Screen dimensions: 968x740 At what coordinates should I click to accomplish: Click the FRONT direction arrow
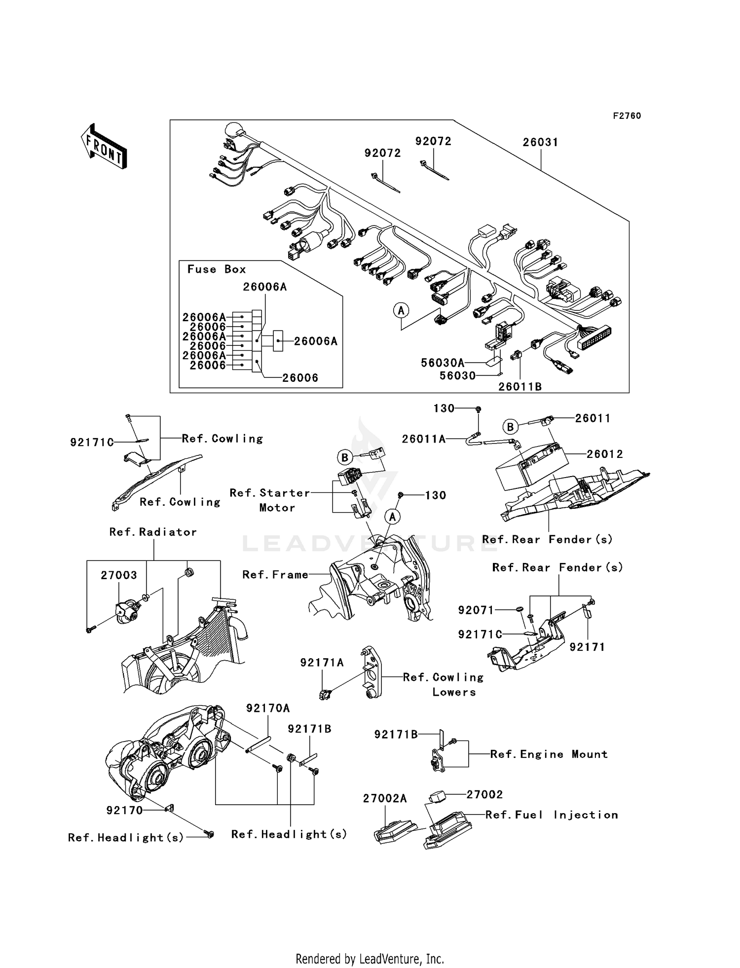tap(104, 147)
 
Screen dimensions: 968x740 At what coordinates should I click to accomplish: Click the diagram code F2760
tap(627, 116)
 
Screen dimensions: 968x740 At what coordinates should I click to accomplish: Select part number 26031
tap(541, 142)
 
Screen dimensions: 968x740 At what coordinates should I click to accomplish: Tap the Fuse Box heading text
tap(217, 269)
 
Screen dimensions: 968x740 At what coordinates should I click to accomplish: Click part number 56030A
tap(443, 363)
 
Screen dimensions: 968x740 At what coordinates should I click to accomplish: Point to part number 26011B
tap(520, 387)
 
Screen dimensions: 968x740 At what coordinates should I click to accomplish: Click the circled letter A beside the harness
tap(401, 310)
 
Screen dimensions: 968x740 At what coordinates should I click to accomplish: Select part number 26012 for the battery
tap(605, 454)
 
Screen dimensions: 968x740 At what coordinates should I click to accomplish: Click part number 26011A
tap(424, 439)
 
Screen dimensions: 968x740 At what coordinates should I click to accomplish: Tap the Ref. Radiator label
tap(153, 532)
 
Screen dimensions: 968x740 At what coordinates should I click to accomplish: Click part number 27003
tap(119, 575)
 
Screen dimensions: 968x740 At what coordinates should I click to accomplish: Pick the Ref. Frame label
tap(275, 575)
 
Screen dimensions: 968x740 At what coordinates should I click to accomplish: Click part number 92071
tap(476, 610)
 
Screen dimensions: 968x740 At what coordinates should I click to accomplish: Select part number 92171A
tap(322, 663)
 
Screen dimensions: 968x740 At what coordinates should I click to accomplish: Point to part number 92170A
tap(268, 708)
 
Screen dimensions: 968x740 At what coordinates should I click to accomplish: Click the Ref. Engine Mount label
tap(549, 754)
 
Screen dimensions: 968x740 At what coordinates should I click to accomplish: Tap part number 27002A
tap(385, 799)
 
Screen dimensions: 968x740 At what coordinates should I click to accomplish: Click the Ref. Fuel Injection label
tap(552, 815)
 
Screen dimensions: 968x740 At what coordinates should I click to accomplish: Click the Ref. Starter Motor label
tap(270, 500)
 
